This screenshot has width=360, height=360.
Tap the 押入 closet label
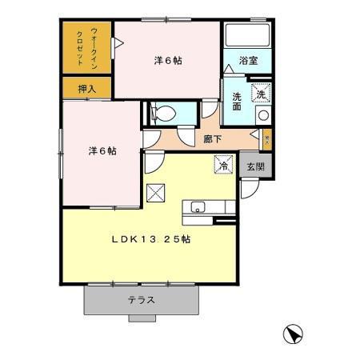(87, 89)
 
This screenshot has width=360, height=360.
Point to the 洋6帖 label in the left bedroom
(102, 150)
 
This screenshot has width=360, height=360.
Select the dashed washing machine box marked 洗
(262, 93)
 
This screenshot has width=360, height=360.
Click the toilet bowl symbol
(163, 113)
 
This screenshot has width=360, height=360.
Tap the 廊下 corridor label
(213, 138)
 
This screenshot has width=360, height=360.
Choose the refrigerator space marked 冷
(223, 166)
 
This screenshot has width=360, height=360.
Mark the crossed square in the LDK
(156, 193)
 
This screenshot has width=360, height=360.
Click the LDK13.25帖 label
(150, 238)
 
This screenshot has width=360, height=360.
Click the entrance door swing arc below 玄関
(250, 189)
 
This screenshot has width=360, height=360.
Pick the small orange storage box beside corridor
(267, 138)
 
